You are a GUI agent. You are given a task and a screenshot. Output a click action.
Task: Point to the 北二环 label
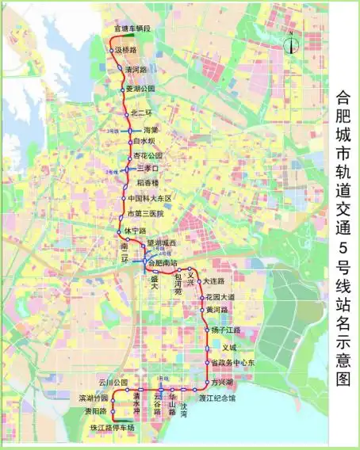[x=140, y=112]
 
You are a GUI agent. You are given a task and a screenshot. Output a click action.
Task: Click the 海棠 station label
[x=151, y=129]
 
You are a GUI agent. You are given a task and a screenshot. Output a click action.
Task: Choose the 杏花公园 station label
[x=147, y=155]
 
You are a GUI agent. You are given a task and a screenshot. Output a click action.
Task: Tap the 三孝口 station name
[x=148, y=169]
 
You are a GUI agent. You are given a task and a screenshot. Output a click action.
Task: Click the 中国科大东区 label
[x=150, y=198]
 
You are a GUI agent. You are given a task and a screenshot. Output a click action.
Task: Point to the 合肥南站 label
[x=164, y=262]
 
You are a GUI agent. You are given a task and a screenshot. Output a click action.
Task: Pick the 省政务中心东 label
[x=232, y=362]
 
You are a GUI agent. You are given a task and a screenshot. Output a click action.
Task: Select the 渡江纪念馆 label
[x=216, y=399]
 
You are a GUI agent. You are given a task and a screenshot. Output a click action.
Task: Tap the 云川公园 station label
[x=113, y=382]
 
